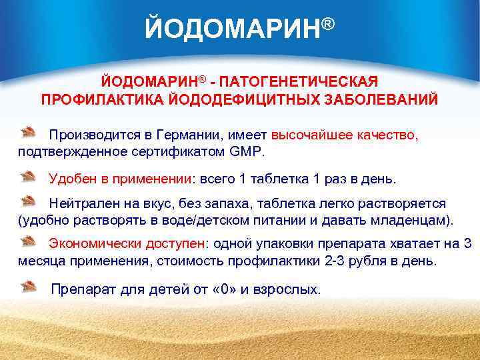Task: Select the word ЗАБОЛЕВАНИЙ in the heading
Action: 377,99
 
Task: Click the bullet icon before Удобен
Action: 28,176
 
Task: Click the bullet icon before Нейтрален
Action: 28,199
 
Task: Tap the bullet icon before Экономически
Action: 28,240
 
